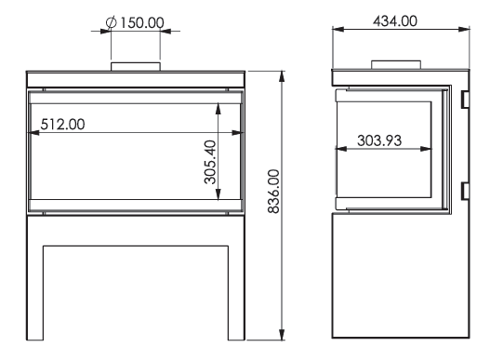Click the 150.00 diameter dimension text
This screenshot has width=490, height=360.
pyautogui.click(x=142, y=23)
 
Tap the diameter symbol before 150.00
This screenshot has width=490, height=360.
pyautogui.click(x=111, y=22)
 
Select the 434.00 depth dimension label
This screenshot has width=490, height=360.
pyautogui.click(x=395, y=21)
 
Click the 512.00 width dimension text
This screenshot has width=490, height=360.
pyautogui.click(x=62, y=124)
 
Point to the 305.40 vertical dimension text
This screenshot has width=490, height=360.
pyautogui.click(x=210, y=162)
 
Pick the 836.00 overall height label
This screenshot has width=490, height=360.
pyautogui.click(x=273, y=192)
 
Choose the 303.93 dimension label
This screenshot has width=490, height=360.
pyautogui.click(x=379, y=140)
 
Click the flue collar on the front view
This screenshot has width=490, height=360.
pyautogui.click(x=136, y=67)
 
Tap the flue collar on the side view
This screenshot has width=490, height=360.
pyautogui.click(x=396, y=65)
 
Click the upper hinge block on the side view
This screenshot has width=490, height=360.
pyautogui.click(x=465, y=100)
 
